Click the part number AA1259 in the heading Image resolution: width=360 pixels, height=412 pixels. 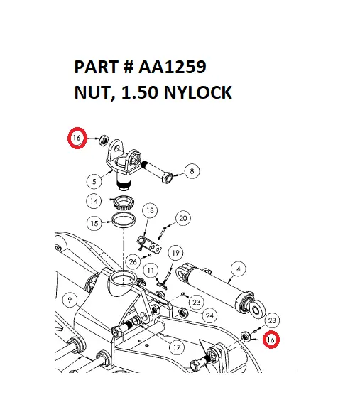[x=174, y=67]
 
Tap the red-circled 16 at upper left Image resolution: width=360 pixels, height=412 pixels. [x=77, y=138]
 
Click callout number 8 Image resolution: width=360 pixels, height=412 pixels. [x=192, y=170]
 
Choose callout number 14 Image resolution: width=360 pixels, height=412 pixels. [x=94, y=201]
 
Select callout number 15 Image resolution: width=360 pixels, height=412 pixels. [x=94, y=223]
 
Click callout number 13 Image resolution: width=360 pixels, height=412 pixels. [x=150, y=211]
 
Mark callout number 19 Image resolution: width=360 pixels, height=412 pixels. [x=176, y=251]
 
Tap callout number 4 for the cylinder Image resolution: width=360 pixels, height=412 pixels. [x=239, y=269]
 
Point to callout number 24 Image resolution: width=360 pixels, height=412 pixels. [x=209, y=315]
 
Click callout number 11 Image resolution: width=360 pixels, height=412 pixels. [x=151, y=271]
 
